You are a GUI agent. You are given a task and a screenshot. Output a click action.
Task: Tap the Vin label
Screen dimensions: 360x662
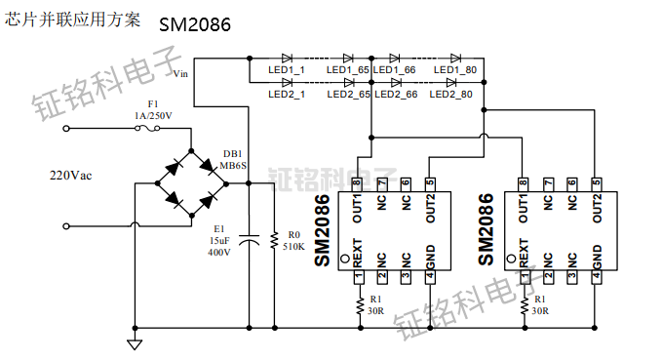(x=180, y=73)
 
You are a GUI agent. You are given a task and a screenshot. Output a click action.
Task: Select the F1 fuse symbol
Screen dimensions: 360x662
(x=152, y=127)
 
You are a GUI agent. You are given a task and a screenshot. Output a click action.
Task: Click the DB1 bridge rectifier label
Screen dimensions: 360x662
(x=233, y=154)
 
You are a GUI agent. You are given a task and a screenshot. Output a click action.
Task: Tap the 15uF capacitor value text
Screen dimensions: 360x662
(x=218, y=240)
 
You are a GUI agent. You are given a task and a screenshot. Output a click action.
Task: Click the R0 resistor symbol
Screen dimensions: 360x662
(x=274, y=240)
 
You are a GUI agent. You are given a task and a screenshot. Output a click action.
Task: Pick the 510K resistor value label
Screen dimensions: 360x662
(x=293, y=247)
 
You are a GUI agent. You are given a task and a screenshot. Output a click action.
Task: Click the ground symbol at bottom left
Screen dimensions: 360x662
(x=135, y=342)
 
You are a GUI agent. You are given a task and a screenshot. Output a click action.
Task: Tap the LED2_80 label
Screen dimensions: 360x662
(x=452, y=95)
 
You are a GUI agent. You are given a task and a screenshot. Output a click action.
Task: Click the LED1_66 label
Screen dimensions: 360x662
(x=395, y=70)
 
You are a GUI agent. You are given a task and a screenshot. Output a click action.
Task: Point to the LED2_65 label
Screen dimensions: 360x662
(x=347, y=95)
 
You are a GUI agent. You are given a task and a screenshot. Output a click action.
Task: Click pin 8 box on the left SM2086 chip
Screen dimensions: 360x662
(x=358, y=182)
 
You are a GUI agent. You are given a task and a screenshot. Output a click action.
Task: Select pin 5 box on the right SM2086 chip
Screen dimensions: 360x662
(x=596, y=182)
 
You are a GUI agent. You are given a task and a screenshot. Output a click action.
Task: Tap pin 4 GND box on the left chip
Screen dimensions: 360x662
(x=430, y=277)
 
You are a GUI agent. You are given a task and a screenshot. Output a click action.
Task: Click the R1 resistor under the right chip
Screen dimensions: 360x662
(x=524, y=307)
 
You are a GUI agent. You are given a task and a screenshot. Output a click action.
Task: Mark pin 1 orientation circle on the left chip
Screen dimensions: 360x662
(x=345, y=260)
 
